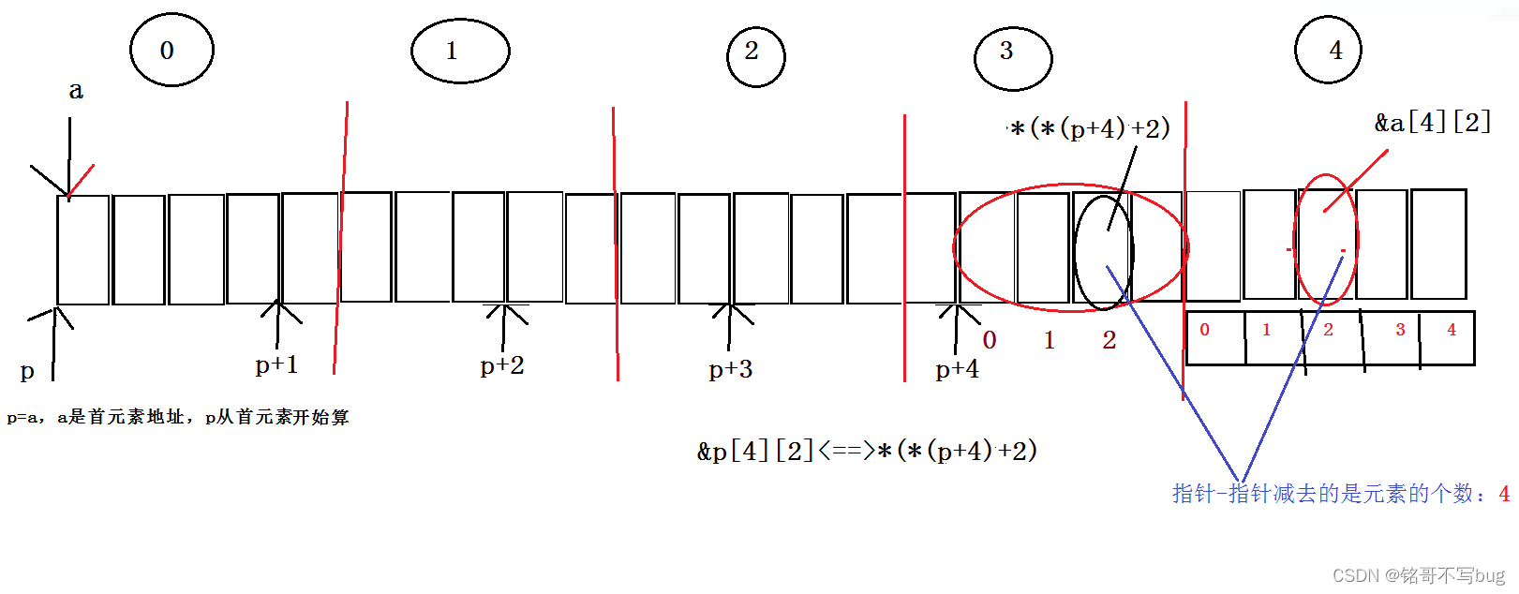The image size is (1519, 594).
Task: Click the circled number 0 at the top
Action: tap(167, 51)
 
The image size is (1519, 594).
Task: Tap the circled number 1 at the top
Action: tap(452, 51)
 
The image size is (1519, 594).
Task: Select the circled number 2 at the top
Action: tap(752, 52)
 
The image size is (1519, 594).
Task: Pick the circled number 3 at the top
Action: tap(1006, 51)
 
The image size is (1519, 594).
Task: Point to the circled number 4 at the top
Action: tap(1335, 51)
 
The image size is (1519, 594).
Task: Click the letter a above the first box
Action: tap(76, 91)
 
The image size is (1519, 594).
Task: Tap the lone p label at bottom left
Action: tap(27, 371)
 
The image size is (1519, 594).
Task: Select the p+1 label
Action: tap(276, 364)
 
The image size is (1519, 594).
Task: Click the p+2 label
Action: tap(502, 365)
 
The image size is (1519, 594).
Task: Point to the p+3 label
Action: tap(731, 369)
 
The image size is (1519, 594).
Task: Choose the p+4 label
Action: tap(957, 369)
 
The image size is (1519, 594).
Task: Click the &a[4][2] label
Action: tap(1432, 123)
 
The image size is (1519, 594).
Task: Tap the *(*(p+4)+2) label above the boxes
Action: tap(1090, 128)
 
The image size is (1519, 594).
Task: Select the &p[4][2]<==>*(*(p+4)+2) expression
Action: tap(867, 451)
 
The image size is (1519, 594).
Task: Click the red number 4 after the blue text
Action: tap(1504, 494)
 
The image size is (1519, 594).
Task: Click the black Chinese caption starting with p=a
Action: tap(178, 417)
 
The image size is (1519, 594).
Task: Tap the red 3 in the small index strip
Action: tap(1400, 330)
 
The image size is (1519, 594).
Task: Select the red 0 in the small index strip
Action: tap(1205, 330)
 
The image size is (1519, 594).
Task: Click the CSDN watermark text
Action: tap(1418, 575)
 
